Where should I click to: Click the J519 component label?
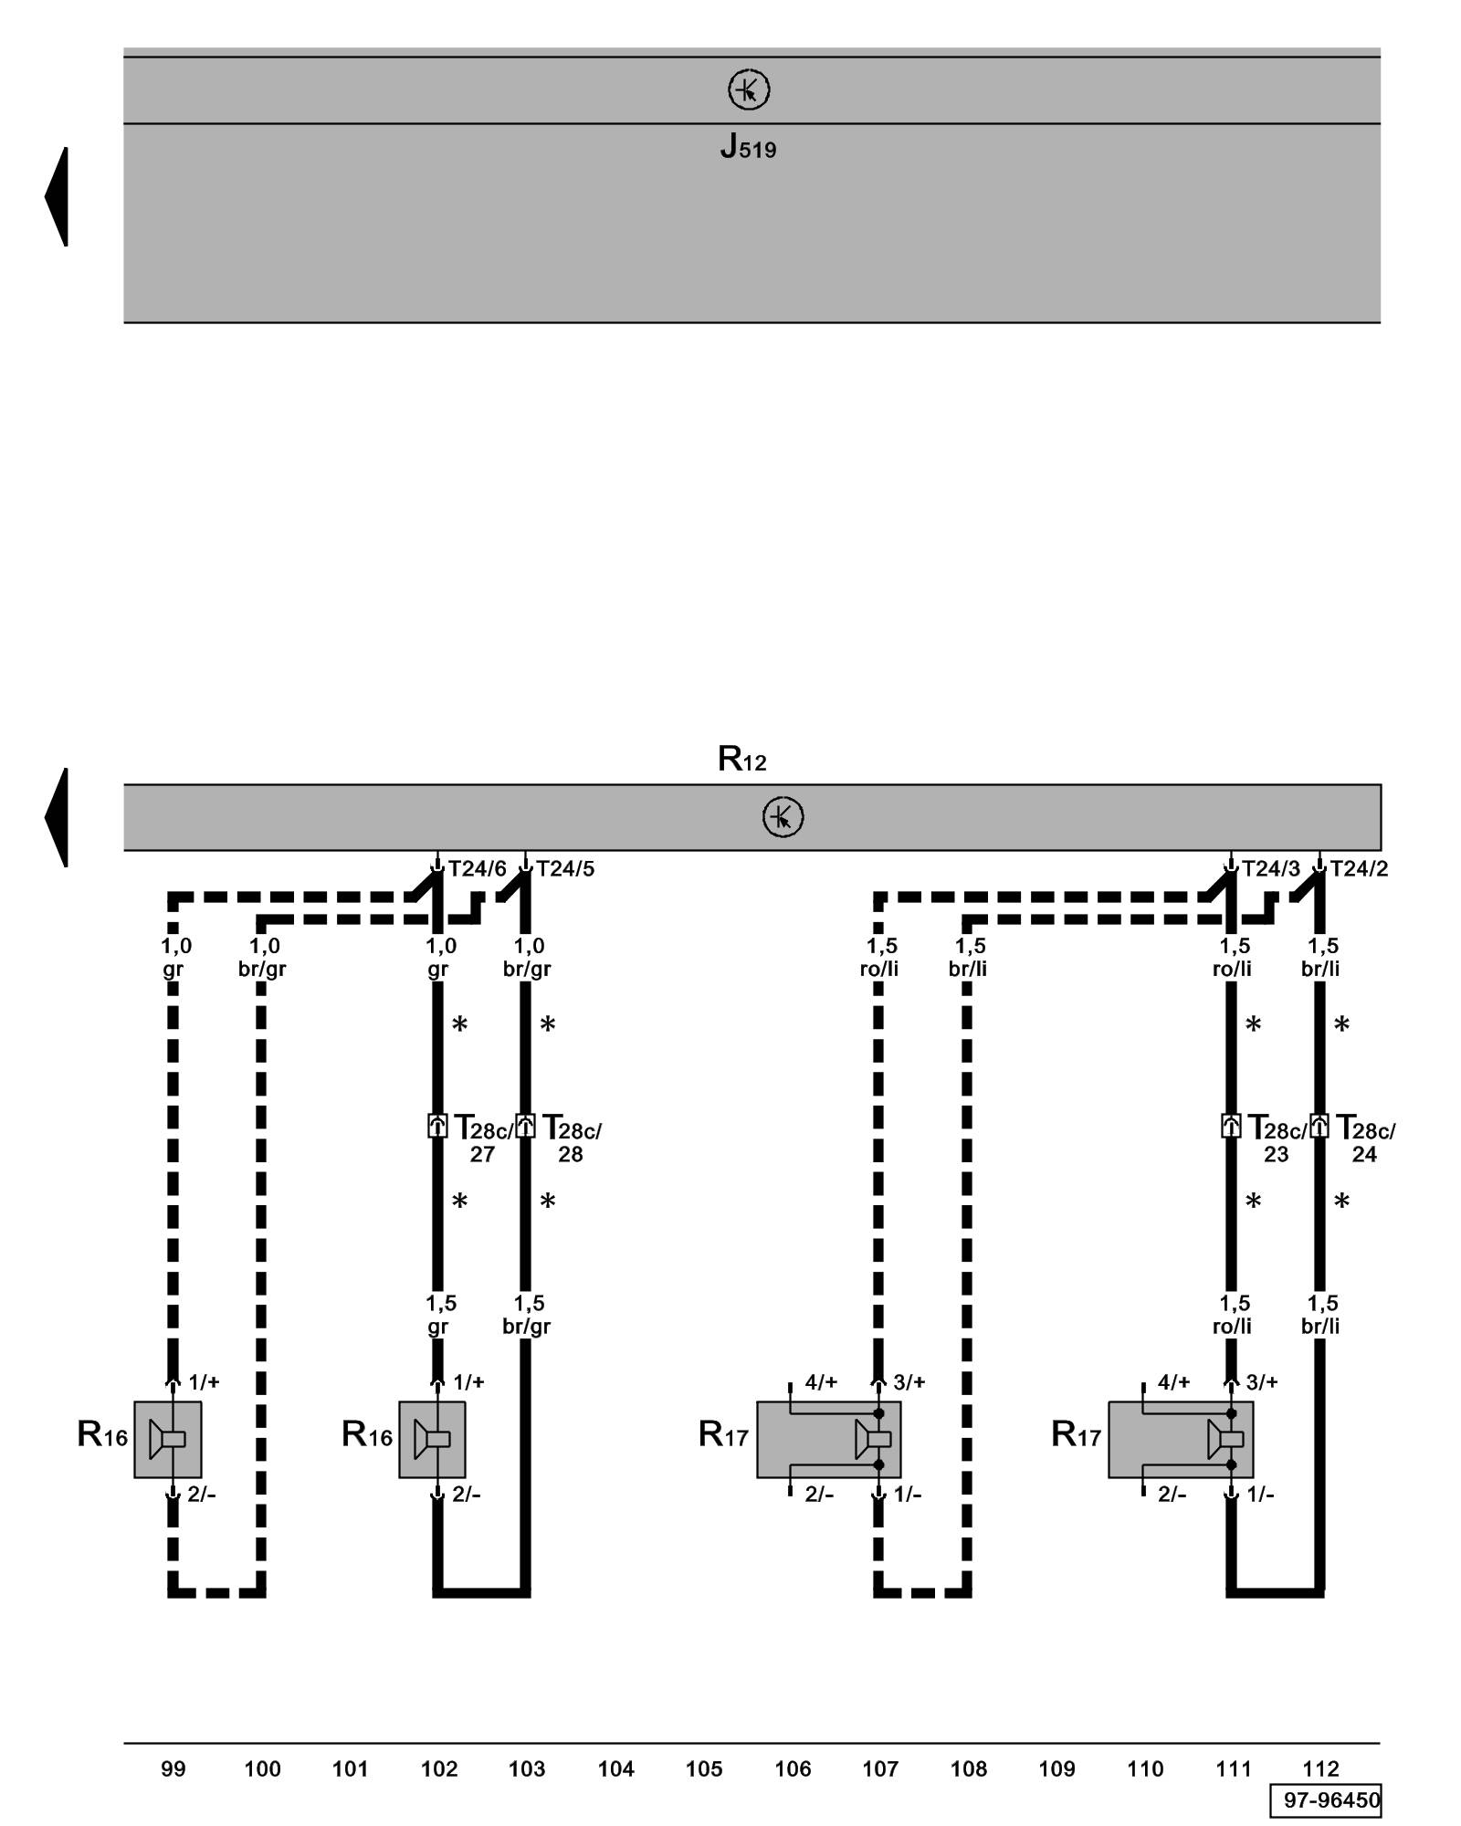coord(748,147)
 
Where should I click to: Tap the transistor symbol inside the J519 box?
coord(749,90)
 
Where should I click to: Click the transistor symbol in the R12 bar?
coord(783,817)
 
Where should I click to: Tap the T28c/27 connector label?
coord(483,1139)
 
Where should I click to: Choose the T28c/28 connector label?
coord(572,1139)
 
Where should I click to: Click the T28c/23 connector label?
coord(1277,1139)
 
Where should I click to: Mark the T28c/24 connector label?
coord(1365,1139)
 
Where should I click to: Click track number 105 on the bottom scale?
coord(704,1769)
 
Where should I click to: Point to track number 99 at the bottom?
coord(173,1769)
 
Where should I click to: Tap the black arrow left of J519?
coord(58,196)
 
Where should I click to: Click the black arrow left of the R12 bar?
coord(58,817)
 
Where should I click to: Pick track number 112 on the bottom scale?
coord(1320,1769)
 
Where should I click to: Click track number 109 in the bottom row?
coord(1056,1769)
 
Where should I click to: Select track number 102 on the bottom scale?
coord(438,1769)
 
